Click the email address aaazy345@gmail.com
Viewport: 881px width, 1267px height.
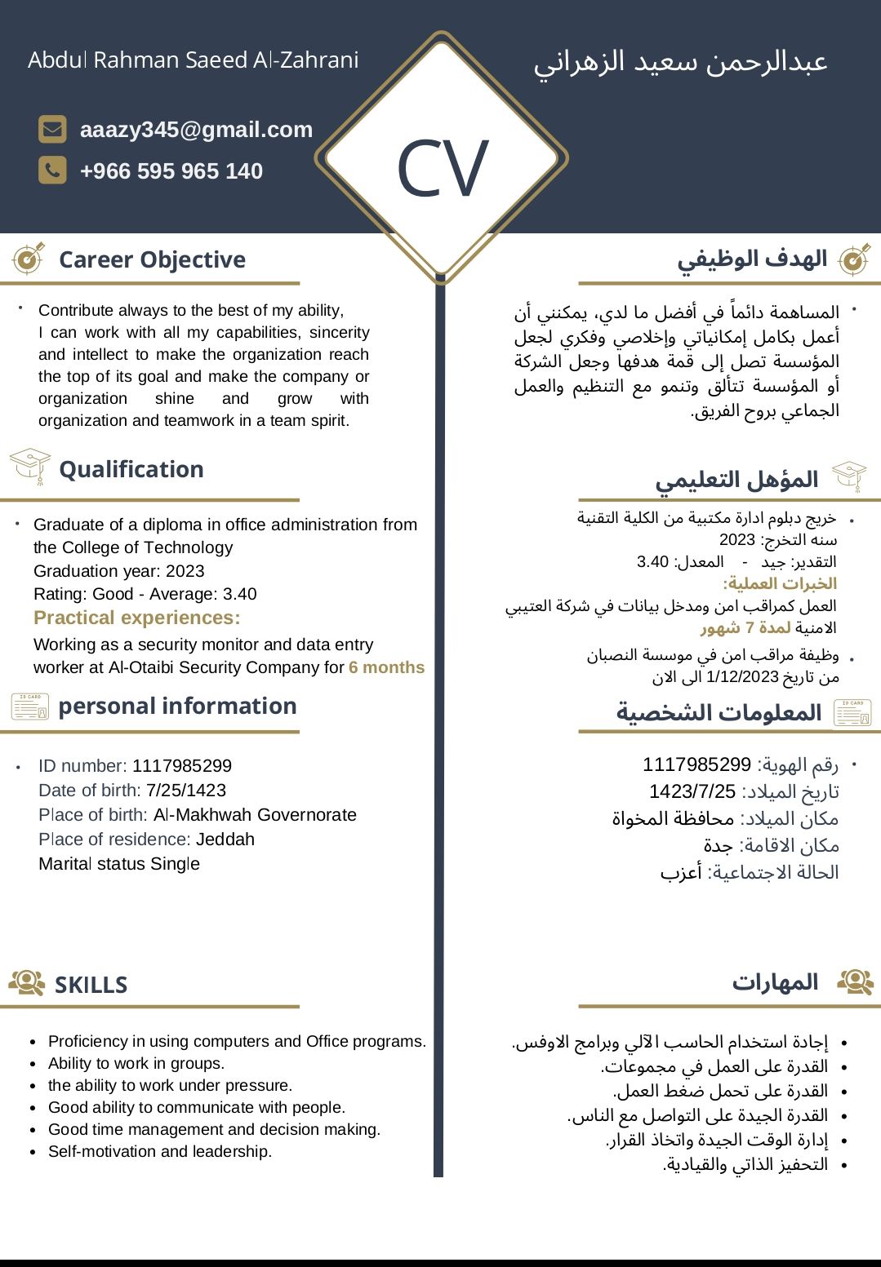pyautogui.click(x=196, y=130)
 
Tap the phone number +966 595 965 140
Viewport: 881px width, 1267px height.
pyautogui.click(x=171, y=171)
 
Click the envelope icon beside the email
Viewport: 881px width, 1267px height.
pyautogui.click(x=52, y=129)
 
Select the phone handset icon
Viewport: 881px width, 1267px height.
pyautogui.click(x=52, y=171)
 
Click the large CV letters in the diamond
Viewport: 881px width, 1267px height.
pyautogui.click(x=442, y=169)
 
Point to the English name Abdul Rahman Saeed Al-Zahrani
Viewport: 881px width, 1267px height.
pyautogui.click(x=194, y=60)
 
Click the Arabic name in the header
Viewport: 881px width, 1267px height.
pyautogui.click(x=680, y=62)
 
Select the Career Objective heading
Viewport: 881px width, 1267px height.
pyautogui.click(x=152, y=259)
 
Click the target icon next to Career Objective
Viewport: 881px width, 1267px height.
pyautogui.click(x=29, y=259)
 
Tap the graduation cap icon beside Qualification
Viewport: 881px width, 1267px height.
pyautogui.click(x=30, y=467)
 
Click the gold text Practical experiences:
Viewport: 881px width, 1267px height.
pyautogui.click(x=136, y=618)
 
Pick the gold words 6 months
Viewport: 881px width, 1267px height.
pyautogui.click(x=386, y=667)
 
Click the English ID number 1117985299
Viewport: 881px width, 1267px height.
pyautogui.click(x=181, y=766)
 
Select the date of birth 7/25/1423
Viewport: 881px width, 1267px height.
pyautogui.click(x=185, y=791)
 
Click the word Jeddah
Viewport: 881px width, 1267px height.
pyautogui.click(x=225, y=839)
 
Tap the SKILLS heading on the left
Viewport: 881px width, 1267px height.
pyautogui.click(x=91, y=985)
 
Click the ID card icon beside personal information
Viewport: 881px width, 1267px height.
pyautogui.click(x=30, y=706)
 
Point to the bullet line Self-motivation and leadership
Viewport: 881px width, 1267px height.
pyautogui.click(x=159, y=1151)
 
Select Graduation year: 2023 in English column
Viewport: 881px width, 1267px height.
pyautogui.click(x=118, y=571)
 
